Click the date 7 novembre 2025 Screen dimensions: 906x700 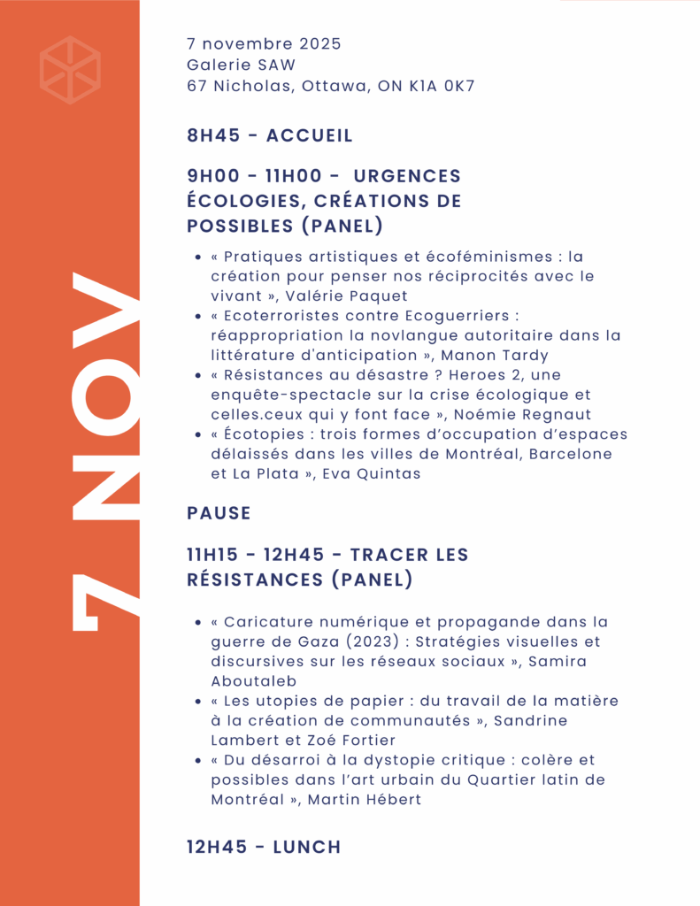point(264,43)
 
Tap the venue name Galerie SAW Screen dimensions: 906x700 point(241,65)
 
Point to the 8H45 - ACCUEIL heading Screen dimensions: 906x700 point(270,135)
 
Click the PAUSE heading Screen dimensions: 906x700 point(219,513)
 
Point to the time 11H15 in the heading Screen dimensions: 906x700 point(212,555)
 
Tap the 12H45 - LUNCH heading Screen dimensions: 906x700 point(264,847)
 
